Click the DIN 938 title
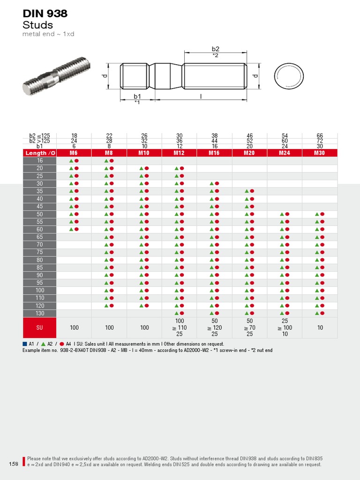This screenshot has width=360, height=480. pyautogui.click(x=45, y=14)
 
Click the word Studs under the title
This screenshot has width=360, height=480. pyautogui.click(x=37, y=25)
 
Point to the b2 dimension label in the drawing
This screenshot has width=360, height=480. pyautogui.click(x=215, y=49)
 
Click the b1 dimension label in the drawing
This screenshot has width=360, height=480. pyautogui.click(x=137, y=97)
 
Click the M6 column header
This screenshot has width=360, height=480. pyautogui.click(x=74, y=153)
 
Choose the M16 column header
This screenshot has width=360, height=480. pyautogui.click(x=214, y=153)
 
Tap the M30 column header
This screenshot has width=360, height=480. pyautogui.click(x=320, y=153)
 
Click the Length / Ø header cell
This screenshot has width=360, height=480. pyautogui.click(x=40, y=153)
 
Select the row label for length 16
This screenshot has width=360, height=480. pyautogui.click(x=40, y=160)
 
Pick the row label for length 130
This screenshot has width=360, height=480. pyautogui.click(x=40, y=313)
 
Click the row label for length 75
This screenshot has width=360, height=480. pyautogui.click(x=40, y=252)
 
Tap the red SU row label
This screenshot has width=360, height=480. pyautogui.click(x=40, y=328)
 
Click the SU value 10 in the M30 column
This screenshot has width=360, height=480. pyautogui.click(x=320, y=328)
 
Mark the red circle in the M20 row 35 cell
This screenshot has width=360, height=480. pyautogui.click(x=252, y=191)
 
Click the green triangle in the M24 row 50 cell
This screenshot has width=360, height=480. pyautogui.click(x=282, y=214)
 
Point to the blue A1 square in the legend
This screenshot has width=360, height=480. pyautogui.click(x=25, y=344)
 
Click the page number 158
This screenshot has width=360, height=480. pyautogui.click(x=13, y=464)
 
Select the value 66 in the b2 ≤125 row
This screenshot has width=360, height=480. pyautogui.click(x=320, y=135)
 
